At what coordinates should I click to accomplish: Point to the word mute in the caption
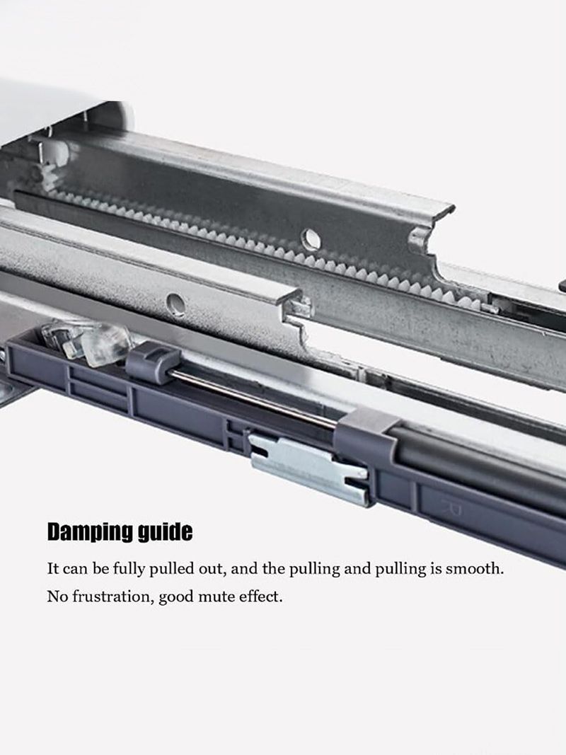point(215,596)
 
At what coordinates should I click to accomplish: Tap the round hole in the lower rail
point(175,304)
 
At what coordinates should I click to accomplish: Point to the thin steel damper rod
point(255,400)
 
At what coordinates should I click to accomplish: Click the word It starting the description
point(52,568)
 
